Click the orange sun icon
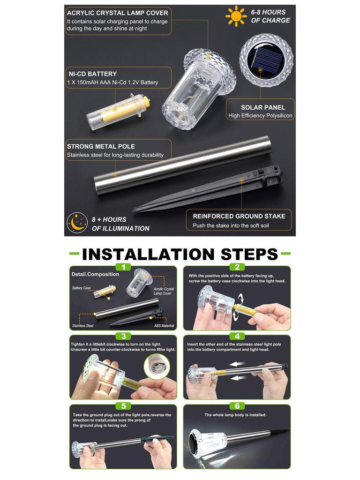pyautogui.click(x=236, y=16)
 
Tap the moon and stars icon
pyautogui.click(x=77, y=223)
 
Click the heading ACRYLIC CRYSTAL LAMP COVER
pyautogui.click(x=118, y=13)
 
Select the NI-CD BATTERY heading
pyautogui.click(x=92, y=74)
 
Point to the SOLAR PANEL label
pyautogui.click(x=263, y=107)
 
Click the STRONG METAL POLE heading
pyautogui.click(x=101, y=146)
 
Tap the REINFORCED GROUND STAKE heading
pyautogui.click(x=239, y=216)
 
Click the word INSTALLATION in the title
pyautogui.click(x=148, y=254)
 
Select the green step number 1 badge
pyautogui.click(x=123, y=267)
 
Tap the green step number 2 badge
pyautogui.click(x=237, y=267)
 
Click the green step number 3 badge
pyautogui.click(x=123, y=336)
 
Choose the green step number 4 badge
pyautogui.click(x=237, y=336)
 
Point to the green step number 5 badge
pyautogui.click(x=123, y=406)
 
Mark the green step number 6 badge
pyautogui.click(x=237, y=406)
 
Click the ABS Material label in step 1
pyautogui.click(x=164, y=326)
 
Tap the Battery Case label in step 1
pyautogui.click(x=82, y=288)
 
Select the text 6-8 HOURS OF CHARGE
pyautogui.click(x=270, y=16)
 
